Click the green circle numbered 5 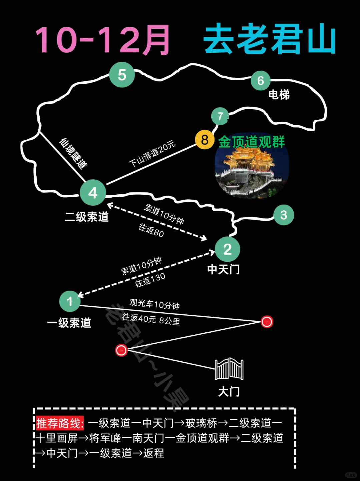(122, 75)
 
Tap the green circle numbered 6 (260, 80)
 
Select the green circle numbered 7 (220, 116)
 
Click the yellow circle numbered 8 (205, 140)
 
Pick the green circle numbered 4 (93, 193)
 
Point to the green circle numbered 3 (284, 215)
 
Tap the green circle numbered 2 (227, 249)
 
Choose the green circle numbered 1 (70, 301)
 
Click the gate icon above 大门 (229, 369)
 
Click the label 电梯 (279, 95)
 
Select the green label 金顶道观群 (251, 142)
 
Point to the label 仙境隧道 (73, 153)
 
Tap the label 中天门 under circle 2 (223, 269)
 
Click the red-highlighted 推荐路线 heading (60, 423)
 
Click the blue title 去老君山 (269, 39)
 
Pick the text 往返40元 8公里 (151, 319)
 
